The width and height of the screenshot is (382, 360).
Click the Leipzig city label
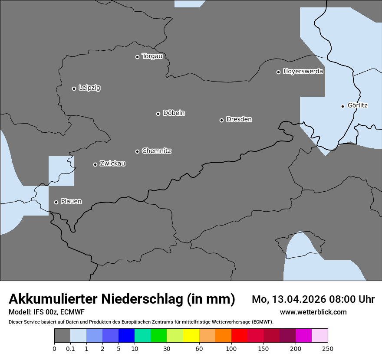tap(89, 88)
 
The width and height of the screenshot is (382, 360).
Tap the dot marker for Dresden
tap(221, 120)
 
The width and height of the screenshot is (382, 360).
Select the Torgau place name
tap(152, 56)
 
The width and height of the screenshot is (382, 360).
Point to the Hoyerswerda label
tap(303, 72)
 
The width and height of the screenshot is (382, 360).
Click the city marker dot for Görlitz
tap(342, 106)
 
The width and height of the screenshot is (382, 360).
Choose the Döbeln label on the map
tap(174, 113)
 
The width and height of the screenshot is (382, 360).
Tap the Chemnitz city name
tap(156, 151)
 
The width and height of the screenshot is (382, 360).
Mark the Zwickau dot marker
tap(95, 164)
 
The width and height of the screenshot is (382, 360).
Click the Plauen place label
tap(71, 202)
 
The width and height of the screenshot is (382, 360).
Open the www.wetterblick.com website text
tap(313, 312)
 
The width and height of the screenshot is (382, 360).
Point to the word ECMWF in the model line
tap(72, 312)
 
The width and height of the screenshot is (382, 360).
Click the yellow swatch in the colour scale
tap(191, 336)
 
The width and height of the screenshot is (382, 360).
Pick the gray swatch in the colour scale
tap(62, 336)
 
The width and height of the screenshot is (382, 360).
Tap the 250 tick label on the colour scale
tap(328, 348)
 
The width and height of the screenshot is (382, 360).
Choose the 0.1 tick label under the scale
tap(70, 348)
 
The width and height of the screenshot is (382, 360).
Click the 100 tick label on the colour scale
tap(231, 348)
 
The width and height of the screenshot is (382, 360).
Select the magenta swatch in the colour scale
tap(303, 336)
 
